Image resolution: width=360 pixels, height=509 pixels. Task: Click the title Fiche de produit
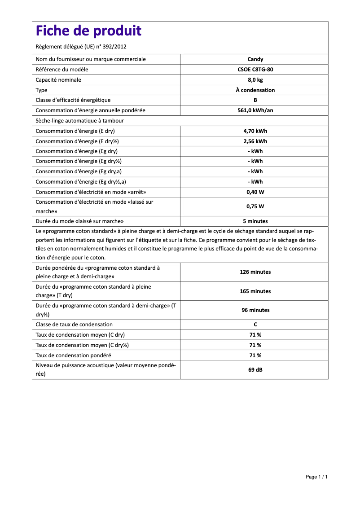(x=88, y=31)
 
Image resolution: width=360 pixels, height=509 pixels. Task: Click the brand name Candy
(x=255, y=59)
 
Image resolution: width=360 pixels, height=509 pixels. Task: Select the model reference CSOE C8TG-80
(x=255, y=70)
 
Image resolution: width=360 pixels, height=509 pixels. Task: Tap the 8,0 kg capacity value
(x=255, y=80)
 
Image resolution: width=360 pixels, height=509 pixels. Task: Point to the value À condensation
(x=255, y=90)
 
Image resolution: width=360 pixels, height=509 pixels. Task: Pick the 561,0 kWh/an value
(x=255, y=110)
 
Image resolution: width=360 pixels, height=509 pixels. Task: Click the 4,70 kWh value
(x=255, y=131)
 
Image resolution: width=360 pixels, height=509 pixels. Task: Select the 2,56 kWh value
(x=255, y=141)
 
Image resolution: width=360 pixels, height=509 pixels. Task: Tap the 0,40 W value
(x=255, y=192)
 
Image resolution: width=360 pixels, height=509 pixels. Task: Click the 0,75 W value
(x=255, y=206)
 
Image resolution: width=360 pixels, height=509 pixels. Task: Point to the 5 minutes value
(x=255, y=221)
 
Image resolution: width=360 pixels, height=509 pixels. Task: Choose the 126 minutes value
(x=255, y=272)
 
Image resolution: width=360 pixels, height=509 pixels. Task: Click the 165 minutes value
(x=255, y=291)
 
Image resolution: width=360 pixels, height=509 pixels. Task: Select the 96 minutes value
(x=255, y=310)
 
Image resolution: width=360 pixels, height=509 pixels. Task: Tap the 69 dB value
(x=255, y=370)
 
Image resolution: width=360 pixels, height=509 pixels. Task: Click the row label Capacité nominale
(x=58, y=80)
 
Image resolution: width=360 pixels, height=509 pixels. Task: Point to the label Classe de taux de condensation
(x=74, y=325)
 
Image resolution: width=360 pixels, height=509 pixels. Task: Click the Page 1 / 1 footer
(x=316, y=477)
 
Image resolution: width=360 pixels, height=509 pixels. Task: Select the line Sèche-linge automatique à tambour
(x=79, y=121)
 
